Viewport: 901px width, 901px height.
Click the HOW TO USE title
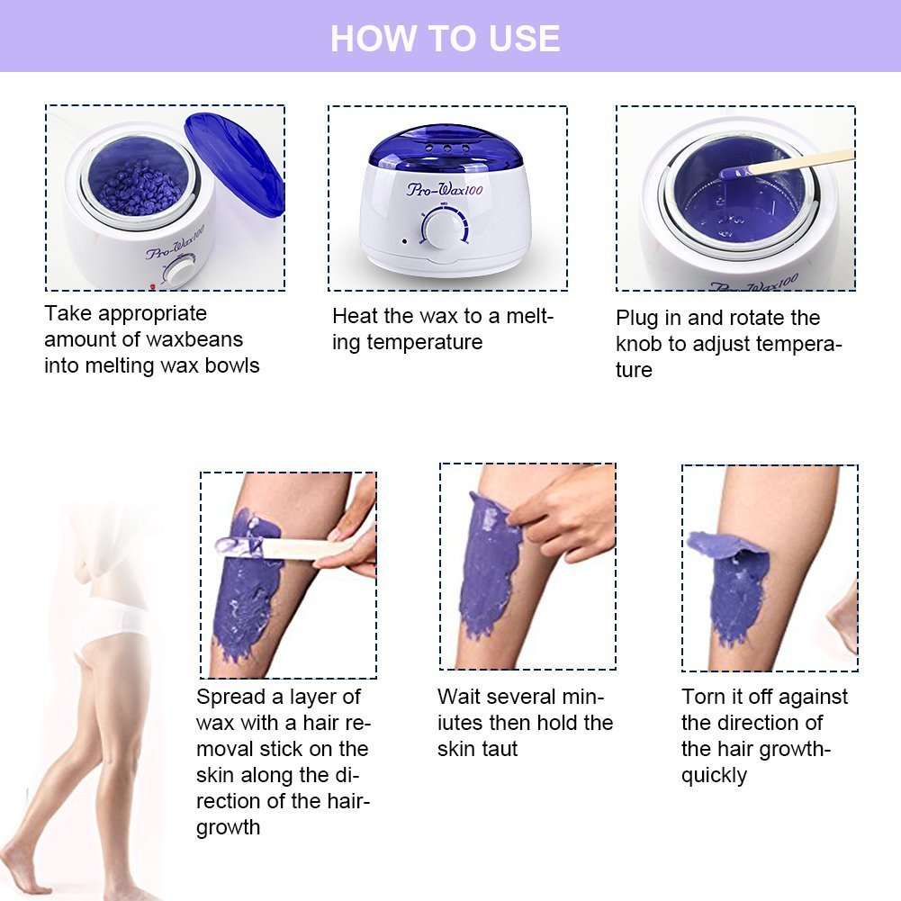coord(445,39)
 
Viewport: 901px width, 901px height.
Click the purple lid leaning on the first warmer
coord(236,162)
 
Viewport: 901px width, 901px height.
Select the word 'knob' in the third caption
coord(640,344)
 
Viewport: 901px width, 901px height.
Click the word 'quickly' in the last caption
coord(714,775)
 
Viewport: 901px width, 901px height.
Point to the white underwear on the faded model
coord(117,621)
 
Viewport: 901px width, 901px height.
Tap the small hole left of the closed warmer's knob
coord(404,240)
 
